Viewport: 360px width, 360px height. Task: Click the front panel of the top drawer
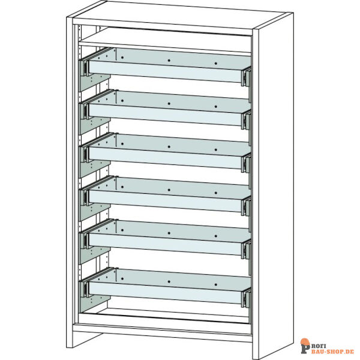click(x=166, y=71)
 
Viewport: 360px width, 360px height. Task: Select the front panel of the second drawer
click(x=166, y=115)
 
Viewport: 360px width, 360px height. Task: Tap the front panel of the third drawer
click(x=166, y=158)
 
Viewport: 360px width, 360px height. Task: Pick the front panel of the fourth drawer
click(x=166, y=201)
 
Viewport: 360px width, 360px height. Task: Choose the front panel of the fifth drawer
click(x=166, y=244)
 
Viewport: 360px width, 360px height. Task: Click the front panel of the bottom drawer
click(x=166, y=293)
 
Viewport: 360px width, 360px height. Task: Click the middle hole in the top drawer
click(x=169, y=61)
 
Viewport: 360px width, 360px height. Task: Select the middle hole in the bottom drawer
click(x=169, y=281)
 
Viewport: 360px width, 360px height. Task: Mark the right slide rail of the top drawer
click(x=246, y=77)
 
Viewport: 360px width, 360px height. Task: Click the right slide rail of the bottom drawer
click(x=246, y=298)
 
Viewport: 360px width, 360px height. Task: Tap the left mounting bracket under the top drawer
click(x=95, y=82)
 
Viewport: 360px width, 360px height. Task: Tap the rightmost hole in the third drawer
click(x=216, y=149)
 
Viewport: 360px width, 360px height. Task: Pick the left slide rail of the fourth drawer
click(x=85, y=197)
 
